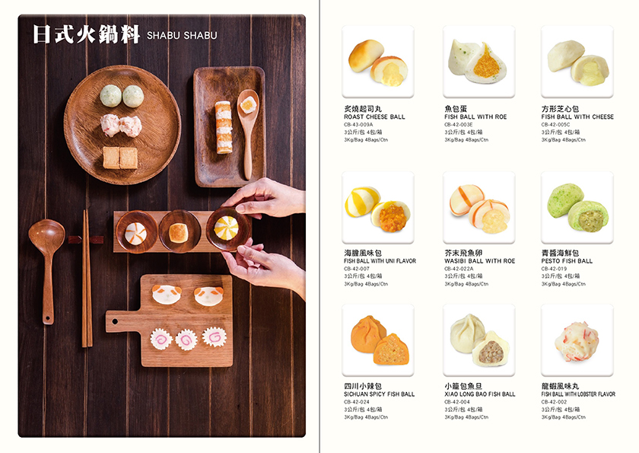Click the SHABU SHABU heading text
click(x=182, y=36)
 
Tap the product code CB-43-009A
click(x=358, y=125)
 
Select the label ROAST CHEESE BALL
click(x=374, y=117)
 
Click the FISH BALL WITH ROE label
click(x=475, y=117)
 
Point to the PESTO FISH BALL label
click(x=567, y=261)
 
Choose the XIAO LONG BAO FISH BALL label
click(x=480, y=394)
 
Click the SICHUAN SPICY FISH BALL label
click(x=379, y=394)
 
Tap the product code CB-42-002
click(x=554, y=402)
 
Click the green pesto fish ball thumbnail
click(x=577, y=207)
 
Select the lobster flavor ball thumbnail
click(x=577, y=341)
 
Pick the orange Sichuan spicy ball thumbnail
click(x=380, y=340)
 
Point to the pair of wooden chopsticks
click(x=87, y=279)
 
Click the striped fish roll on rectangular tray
click(x=224, y=127)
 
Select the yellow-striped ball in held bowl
click(x=226, y=228)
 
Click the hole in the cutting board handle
click(x=115, y=322)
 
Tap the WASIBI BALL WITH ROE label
click(x=480, y=261)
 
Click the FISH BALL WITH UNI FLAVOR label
click(x=380, y=261)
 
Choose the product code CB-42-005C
click(x=556, y=125)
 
